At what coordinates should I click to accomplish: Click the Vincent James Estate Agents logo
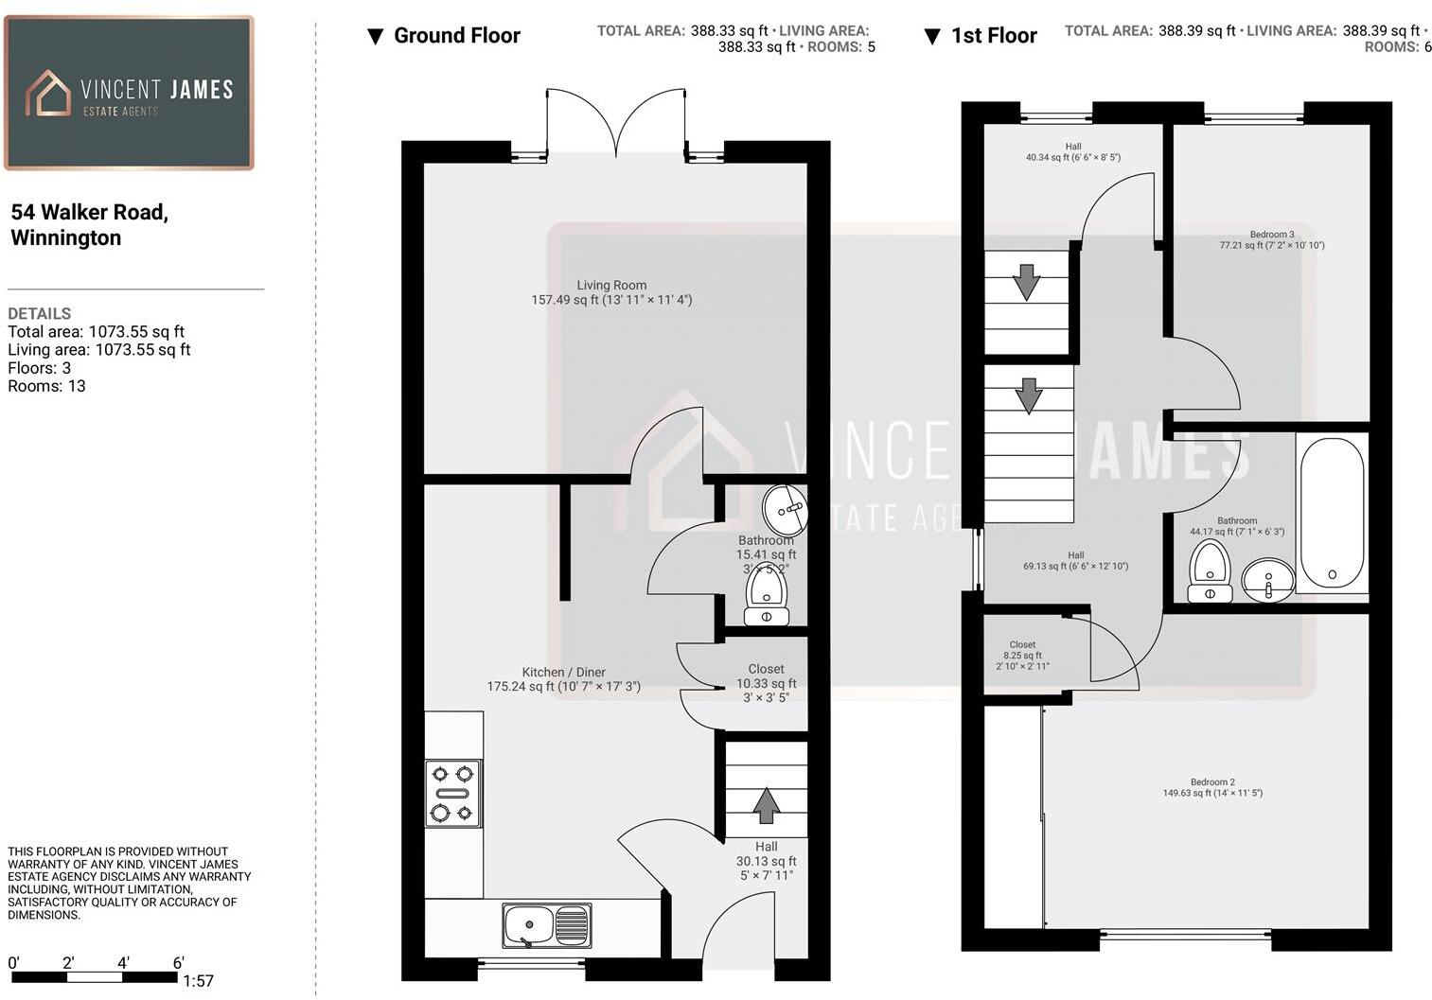coord(129,94)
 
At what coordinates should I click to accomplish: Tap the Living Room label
coord(611,292)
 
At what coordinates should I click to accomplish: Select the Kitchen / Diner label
coord(564,679)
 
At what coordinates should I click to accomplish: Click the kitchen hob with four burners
coord(452,793)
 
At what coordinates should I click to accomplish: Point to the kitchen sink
coord(546,924)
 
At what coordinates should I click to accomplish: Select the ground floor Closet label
coord(766,682)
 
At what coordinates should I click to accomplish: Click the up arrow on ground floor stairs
coord(767,805)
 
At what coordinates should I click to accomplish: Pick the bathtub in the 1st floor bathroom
coord(1332,513)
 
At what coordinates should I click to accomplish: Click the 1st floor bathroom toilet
coord(1210,570)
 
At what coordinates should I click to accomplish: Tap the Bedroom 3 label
coord(1271,239)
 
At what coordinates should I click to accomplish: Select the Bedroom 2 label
coord(1212,787)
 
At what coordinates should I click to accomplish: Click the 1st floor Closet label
coord(1022,655)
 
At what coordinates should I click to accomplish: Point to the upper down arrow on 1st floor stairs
coord(1026,282)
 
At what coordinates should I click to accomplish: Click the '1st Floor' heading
coord(993,36)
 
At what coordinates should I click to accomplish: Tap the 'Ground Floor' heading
coord(456,36)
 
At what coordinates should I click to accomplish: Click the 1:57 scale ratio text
coord(198,981)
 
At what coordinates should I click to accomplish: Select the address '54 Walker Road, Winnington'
coord(89,224)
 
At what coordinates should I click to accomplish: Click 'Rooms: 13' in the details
coord(46,386)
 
